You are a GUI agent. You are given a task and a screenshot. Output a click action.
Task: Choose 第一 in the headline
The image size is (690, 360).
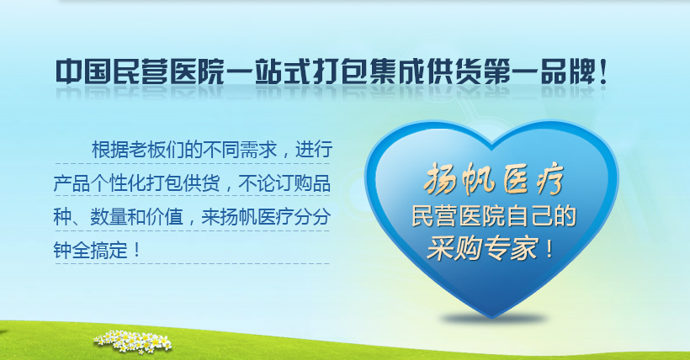coord(512,71)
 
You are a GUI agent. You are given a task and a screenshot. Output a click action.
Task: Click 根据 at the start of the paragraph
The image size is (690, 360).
coord(110,150)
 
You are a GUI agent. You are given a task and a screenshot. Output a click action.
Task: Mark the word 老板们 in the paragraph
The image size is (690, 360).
coord(157,150)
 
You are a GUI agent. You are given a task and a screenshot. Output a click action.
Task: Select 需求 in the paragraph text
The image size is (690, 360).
coord(258,150)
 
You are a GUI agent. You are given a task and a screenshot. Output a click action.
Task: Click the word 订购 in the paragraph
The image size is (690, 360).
coord(294,183)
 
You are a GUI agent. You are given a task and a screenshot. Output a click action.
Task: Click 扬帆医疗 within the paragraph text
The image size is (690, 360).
coord(257,216)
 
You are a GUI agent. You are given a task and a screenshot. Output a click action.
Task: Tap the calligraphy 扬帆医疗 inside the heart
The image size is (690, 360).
coord(493,178)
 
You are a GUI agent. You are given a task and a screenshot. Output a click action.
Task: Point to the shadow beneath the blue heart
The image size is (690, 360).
coord(493,319)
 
